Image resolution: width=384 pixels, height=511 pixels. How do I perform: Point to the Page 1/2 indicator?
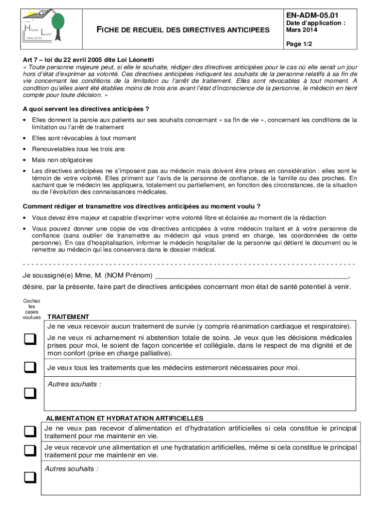(x=298, y=44)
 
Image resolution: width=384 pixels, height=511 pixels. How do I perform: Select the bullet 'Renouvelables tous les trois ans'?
(x=78, y=149)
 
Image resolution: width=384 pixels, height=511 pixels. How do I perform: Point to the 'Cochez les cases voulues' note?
(x=32, y=309)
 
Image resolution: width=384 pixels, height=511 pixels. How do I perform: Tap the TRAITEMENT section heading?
(x=68, y=317)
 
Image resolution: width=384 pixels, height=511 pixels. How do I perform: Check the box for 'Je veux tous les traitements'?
(x=31, y=368)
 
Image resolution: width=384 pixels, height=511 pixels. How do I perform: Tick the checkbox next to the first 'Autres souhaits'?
(x=31, y=394)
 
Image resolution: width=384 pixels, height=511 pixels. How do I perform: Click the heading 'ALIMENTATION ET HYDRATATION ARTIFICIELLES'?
(x=124, y=418)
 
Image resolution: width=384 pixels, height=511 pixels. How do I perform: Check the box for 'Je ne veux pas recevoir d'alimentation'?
(x=31, y=431)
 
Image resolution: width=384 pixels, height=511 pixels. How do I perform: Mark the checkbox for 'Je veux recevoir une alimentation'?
(x=31, y=451)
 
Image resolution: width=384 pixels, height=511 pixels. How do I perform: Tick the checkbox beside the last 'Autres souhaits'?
(x=31, y=478)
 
